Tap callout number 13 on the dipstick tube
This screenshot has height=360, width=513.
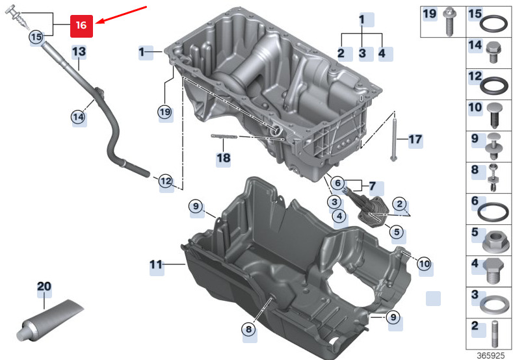point(79,51)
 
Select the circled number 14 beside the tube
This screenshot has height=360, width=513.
point(78,117)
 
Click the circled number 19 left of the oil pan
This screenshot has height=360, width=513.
point(165,112)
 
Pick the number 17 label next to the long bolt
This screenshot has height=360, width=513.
point(415,138)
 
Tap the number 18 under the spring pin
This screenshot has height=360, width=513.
point(223,158)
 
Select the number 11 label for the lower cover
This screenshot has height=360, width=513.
point(155,264)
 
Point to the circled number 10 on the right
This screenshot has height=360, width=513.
point(424,264)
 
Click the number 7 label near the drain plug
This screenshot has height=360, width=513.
point(372,186)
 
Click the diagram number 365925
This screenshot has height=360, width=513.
point(492,355)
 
